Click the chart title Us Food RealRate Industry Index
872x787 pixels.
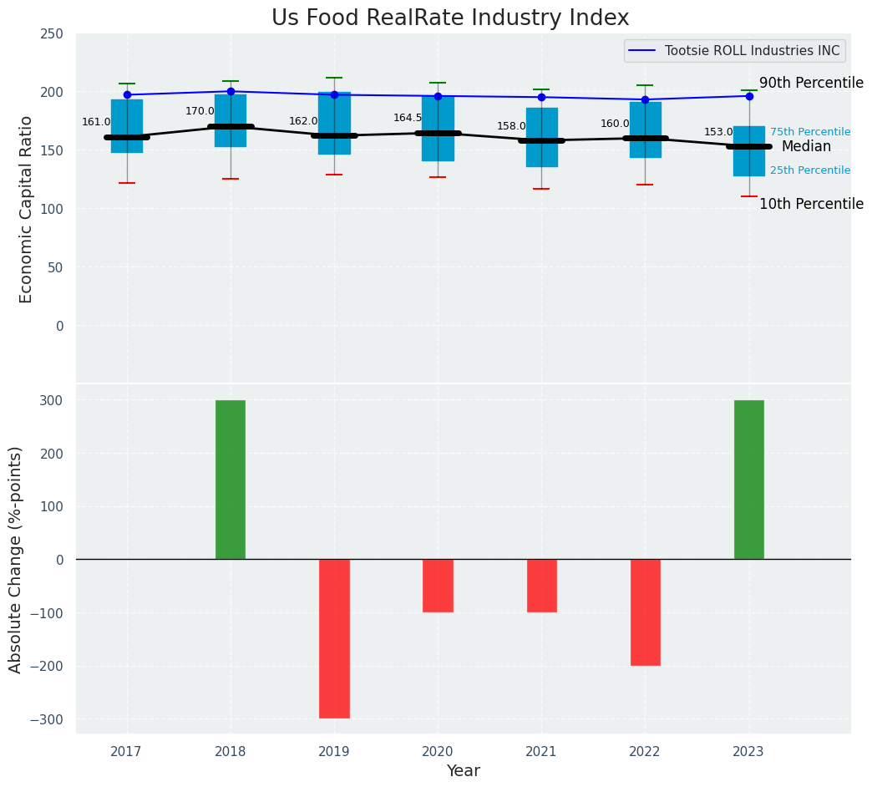pos(450,18)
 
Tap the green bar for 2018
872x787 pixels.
pos(231,480)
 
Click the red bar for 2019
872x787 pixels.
pos(334,638)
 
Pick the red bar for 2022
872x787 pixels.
pos(645,612)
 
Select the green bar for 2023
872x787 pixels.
pos(748,480)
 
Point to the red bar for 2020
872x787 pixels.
pos(438,586)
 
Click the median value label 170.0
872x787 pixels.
pos(200,111)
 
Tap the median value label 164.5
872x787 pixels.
pos(408,118)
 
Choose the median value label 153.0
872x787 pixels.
pos(718,132)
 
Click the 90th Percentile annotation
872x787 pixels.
pos(811,84)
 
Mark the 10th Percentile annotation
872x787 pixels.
pos(811,205)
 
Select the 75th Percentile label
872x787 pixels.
pos(810,132)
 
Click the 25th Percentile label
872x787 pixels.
pos(810,170)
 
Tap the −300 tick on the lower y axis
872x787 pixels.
pos(48,719)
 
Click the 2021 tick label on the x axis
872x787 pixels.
pos(541,752)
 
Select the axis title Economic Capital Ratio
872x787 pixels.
pos(26,209)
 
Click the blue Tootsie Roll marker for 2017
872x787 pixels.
pos(127,95)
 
